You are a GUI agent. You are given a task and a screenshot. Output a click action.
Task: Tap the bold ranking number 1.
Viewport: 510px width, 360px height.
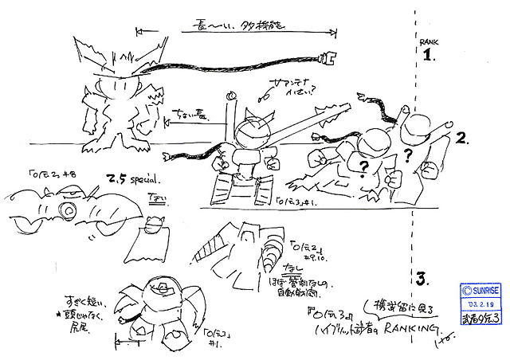pos(429,55)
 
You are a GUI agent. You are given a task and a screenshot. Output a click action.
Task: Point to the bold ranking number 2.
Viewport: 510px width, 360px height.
pos(461,139)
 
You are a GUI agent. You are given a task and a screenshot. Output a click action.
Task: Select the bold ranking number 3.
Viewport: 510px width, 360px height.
pos(422,279)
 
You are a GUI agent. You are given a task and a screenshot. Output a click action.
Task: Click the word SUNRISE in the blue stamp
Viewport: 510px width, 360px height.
pos(482,290)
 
